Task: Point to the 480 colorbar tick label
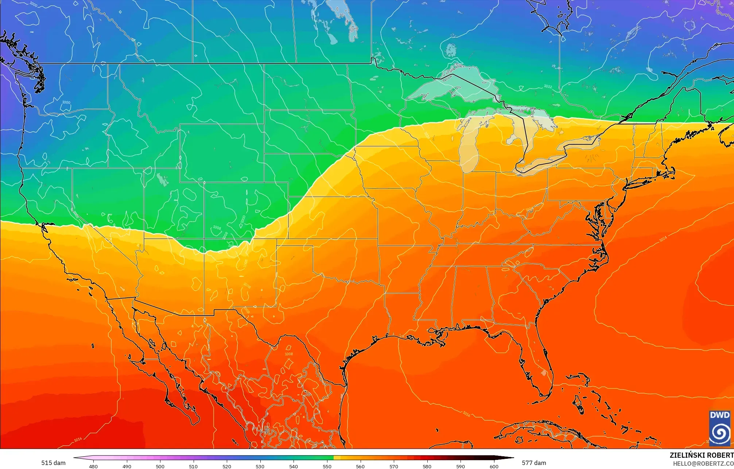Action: click(x=93, y=466)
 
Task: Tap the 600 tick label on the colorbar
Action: click(x=494, y=466)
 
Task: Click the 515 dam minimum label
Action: click(x=53, y=463)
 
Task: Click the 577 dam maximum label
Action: click(x=534, y=463)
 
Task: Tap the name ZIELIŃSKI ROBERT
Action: click(x=701, y=455)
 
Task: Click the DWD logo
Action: click(x=720, y=428)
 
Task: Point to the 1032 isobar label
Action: click(x=548, y=86)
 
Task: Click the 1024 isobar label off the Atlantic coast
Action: click(x=663, y=238)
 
